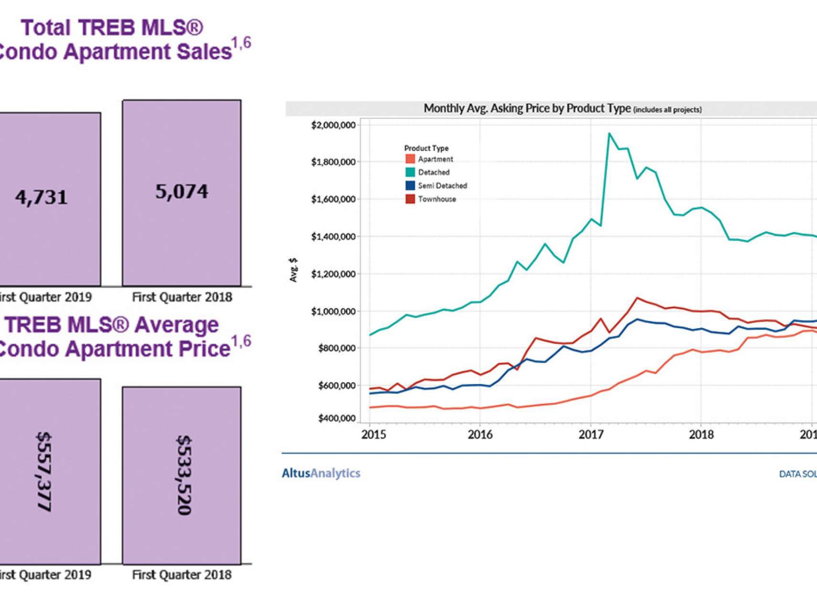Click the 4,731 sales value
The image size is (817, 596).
pos(42,197)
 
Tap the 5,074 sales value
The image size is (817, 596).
pos(182,192)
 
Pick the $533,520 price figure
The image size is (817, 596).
pos(184,475)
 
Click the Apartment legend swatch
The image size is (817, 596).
pos(410,159)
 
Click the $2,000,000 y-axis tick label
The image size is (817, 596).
pos(333,125)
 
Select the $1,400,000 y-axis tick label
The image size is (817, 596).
pos(333,237)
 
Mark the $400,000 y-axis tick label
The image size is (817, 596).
pos(336,418)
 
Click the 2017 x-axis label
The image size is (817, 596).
pos(591,435)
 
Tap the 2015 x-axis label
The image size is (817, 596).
pos(374,435)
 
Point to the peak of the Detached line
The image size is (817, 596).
pos(609,134)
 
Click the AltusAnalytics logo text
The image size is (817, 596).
pos(321,473)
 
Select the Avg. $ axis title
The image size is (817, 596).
pos(293,270)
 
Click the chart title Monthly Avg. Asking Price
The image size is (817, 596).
pos(527,108)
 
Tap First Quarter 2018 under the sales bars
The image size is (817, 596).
pos(182,297)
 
